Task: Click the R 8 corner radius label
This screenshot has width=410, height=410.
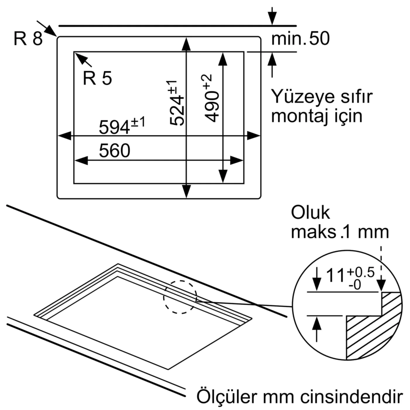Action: [x=27, y=39]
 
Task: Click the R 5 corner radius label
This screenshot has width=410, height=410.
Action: [x=97, y=79]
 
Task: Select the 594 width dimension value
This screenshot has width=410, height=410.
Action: [x=116, y=127]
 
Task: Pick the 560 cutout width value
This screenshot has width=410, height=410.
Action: [x=114, y=151]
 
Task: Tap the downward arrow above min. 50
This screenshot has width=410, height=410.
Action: [x=272, y=16]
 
